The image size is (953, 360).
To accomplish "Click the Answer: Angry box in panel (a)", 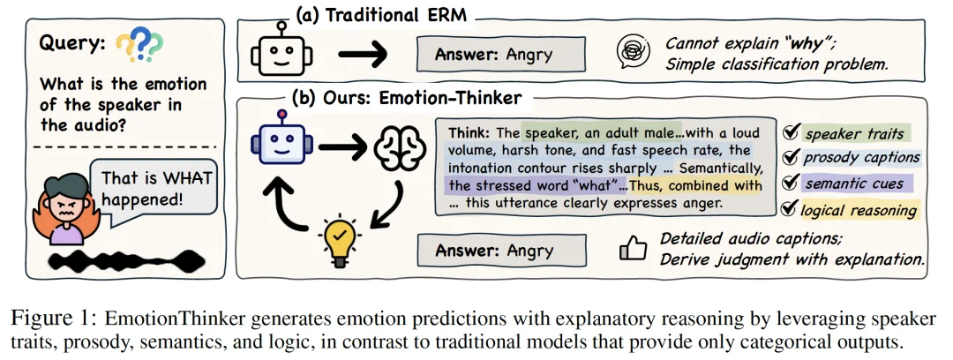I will tap(500, 55).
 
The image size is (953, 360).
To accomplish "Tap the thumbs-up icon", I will tap(633, 250).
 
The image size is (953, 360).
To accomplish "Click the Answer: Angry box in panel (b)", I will tap(499, 251).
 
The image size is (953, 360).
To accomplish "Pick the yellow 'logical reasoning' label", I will tap(859, 209).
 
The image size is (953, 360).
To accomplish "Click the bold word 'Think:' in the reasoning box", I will tap(474, 133).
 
